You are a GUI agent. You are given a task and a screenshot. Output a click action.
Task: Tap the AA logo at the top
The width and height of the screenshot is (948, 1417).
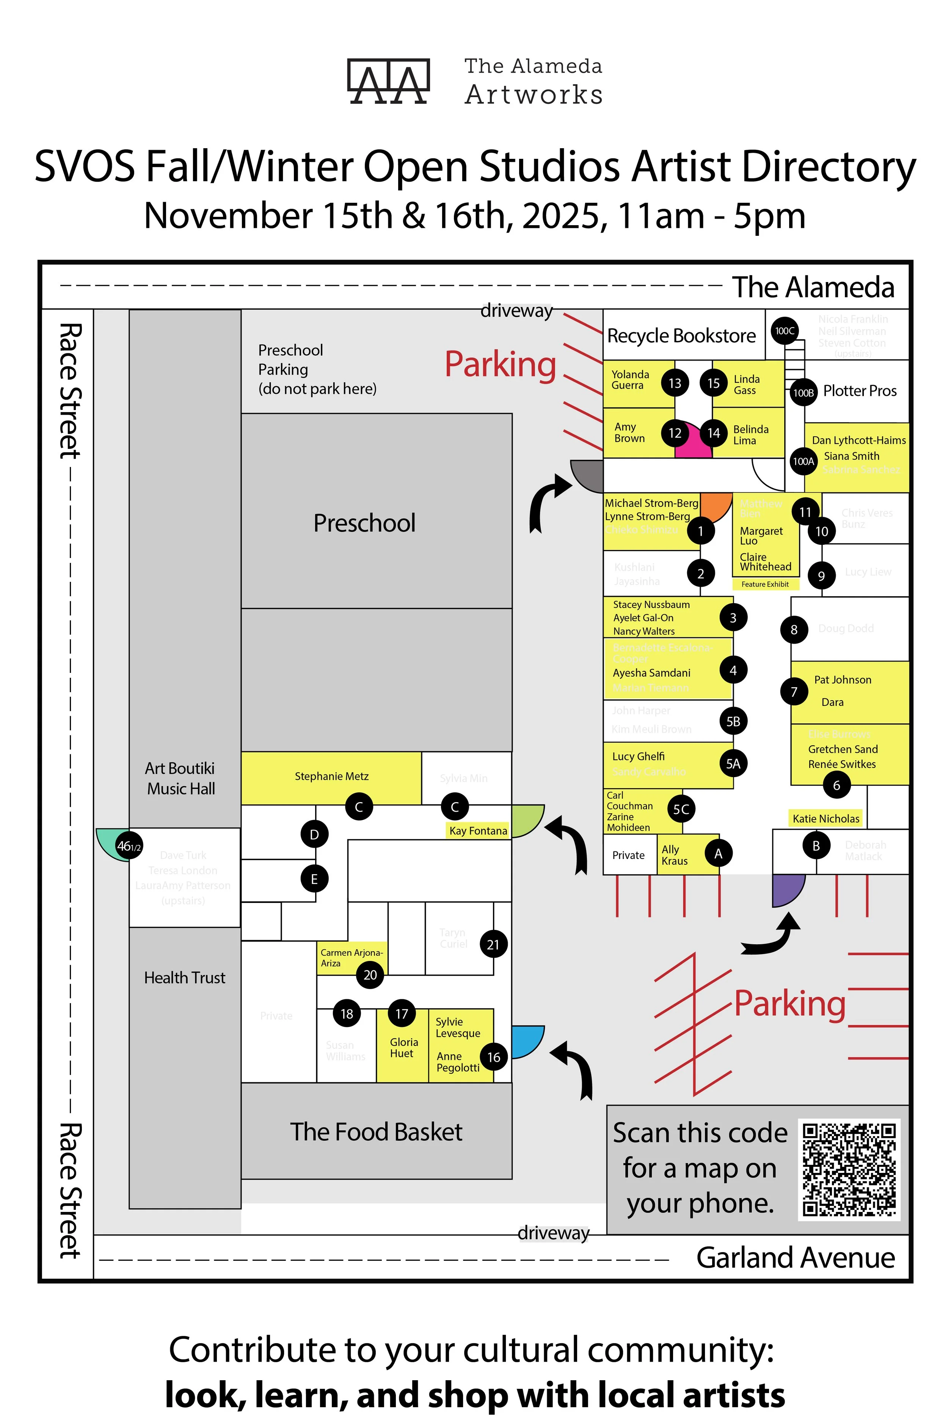388,82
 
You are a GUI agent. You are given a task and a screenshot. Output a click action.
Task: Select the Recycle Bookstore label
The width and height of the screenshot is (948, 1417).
681,336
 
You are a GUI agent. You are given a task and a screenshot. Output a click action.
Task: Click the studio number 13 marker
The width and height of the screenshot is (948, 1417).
675,383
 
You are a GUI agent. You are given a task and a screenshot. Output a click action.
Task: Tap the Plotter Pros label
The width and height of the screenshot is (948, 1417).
860,391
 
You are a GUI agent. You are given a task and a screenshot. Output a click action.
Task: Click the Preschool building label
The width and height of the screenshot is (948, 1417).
364,523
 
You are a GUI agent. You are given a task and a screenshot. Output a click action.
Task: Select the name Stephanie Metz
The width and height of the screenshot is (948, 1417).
331,776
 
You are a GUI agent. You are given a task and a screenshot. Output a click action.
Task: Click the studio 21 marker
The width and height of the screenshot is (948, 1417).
493,944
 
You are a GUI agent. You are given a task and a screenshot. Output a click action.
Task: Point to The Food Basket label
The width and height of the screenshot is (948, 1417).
376,1132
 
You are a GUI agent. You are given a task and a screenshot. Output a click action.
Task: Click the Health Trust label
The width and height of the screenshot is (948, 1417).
184,978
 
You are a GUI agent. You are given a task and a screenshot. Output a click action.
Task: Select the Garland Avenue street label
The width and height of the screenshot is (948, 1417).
795,1257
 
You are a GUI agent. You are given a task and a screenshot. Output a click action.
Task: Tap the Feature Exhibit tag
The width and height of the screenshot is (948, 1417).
765,584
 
